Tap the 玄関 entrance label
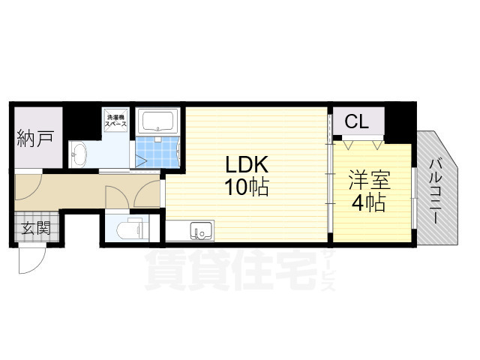coord(34,228)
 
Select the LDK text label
coord(243,164)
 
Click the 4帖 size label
coord(368,202)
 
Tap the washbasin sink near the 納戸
coord(79,156)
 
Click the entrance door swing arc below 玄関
coord(31,262)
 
